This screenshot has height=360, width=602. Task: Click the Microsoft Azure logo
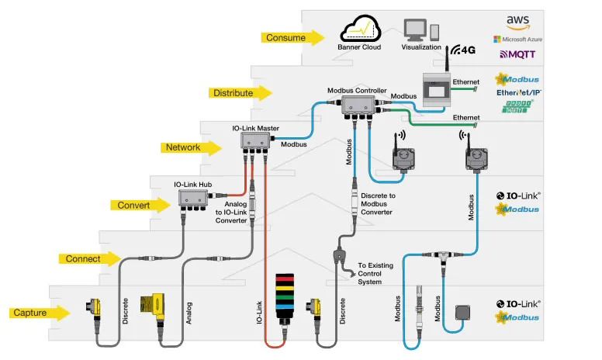[516, 38]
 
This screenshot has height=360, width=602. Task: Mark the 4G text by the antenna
[467, 50]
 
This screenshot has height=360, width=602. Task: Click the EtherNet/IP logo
[517, 92]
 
